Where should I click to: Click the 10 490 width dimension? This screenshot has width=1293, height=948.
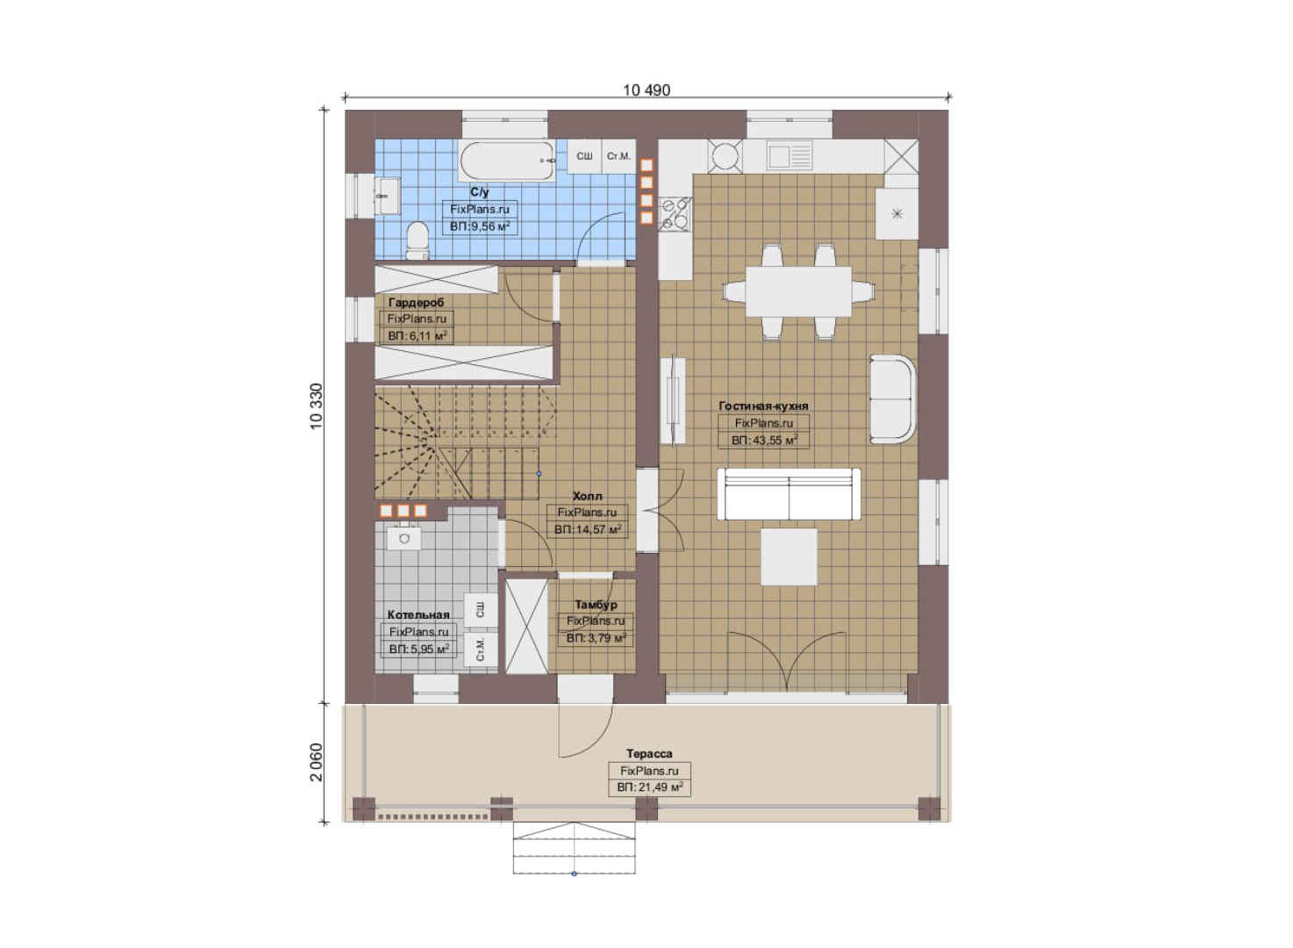click(646, 90)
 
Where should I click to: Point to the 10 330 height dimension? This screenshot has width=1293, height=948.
click(317, 406)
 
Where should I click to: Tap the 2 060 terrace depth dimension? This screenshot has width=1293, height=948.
click(317, 762)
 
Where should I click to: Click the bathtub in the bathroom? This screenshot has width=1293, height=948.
click(507, 161)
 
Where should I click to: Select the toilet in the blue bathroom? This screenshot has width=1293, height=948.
click(418, 241)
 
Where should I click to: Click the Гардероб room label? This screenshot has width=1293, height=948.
click(416, 302)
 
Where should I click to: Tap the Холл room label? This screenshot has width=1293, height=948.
click(587, 496)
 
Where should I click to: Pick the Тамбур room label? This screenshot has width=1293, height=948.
click(596, 604)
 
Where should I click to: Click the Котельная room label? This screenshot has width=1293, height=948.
click(418, 614)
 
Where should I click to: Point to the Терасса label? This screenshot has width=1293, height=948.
click(649, 753)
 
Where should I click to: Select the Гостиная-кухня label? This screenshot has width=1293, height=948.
click(763, 406)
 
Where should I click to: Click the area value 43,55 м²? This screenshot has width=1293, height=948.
click(764, 440)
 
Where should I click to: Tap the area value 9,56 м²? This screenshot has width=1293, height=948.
click(480, 226)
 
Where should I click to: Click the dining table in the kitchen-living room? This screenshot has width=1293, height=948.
click(798, 291)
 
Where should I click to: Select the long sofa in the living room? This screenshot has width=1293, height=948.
click(789, 494)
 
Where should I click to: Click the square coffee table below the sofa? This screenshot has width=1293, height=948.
click(789, 557)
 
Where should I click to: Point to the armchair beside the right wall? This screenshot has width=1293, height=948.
click(892, 399)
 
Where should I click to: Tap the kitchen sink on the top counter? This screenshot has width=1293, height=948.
click(789, 156)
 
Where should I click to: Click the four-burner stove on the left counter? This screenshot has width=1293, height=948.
click(675, 214)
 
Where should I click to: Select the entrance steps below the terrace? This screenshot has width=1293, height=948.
click(575, 847)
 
